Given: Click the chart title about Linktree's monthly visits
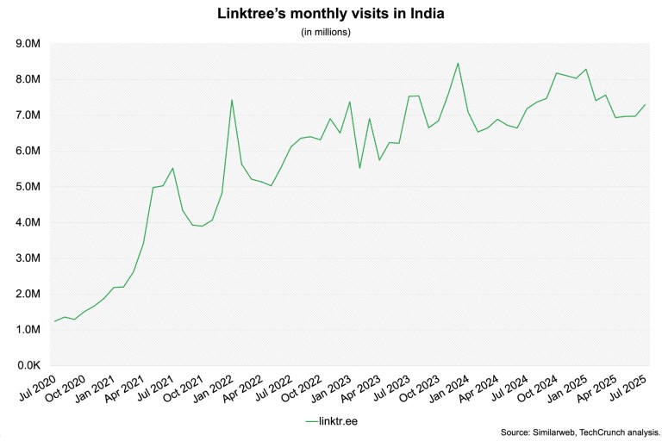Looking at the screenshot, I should coord(331,14).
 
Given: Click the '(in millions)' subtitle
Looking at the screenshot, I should coord(331,32).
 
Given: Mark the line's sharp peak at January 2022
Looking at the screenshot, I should coord(232,100).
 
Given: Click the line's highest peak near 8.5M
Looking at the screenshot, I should coord(458,63).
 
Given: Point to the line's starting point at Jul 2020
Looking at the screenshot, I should coord(54,321).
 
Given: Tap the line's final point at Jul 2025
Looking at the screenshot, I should coord(646,104).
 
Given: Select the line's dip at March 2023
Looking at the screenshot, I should coord(359,167).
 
